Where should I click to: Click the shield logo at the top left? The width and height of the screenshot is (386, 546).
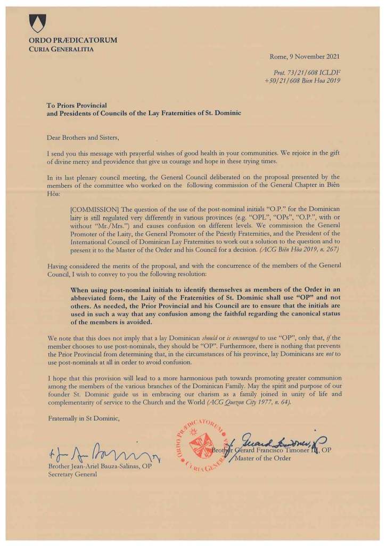(38, 23)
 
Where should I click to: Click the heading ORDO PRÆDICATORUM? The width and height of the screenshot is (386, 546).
(73, 41)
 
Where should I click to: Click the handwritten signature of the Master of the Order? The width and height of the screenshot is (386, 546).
(272, 440)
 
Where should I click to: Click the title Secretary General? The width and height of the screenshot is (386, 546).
(72, 476)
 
